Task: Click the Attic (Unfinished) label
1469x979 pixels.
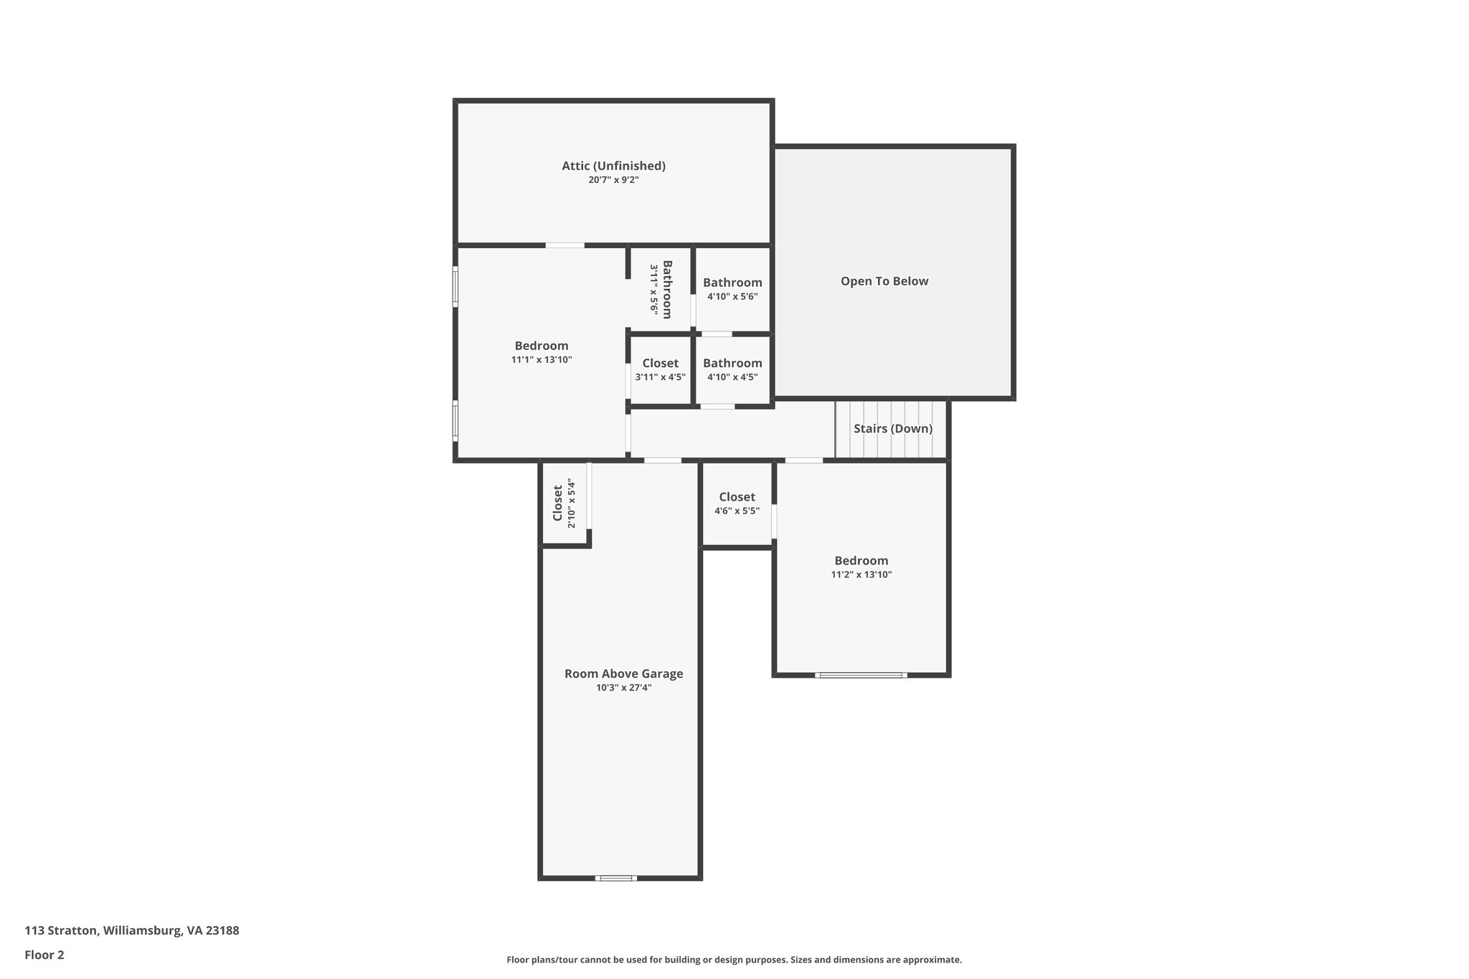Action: click(x=613, y=166)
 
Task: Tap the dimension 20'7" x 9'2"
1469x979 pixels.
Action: click(x=613, y=180)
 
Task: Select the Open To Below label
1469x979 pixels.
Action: click(x=884, y=281)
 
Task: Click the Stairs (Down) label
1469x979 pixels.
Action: click(x=892, y=429)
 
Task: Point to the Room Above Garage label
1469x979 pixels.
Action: click(x=623, y=673)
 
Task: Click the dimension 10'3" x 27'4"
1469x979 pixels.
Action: click(x=623, y=688)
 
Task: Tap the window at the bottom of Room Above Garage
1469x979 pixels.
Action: click(x=615, y=878)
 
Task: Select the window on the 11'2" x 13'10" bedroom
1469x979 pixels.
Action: click(x=861, y=675)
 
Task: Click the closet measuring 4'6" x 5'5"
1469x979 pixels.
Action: click(x=737, y=503)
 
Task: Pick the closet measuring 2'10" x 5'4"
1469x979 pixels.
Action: click(x=564, y=503)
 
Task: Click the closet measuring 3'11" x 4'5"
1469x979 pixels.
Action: click(x=660, y=369)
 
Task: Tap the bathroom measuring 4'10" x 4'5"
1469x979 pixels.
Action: click(x=732, y=369)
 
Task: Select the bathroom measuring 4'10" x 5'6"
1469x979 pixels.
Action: click(x=732, y=289)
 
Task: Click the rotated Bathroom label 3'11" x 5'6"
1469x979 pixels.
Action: click(x=661, y=289)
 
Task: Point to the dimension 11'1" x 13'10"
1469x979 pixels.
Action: click(x=542, y=360)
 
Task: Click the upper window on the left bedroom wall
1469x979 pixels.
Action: click(x=455, y=287)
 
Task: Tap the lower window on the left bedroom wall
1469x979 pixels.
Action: click(x=455, y=420)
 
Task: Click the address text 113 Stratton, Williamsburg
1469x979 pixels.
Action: click(x=132, y=930)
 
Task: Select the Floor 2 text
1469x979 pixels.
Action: click(x=44, y=955)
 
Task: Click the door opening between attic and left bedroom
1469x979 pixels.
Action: click(x=565, y=245)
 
